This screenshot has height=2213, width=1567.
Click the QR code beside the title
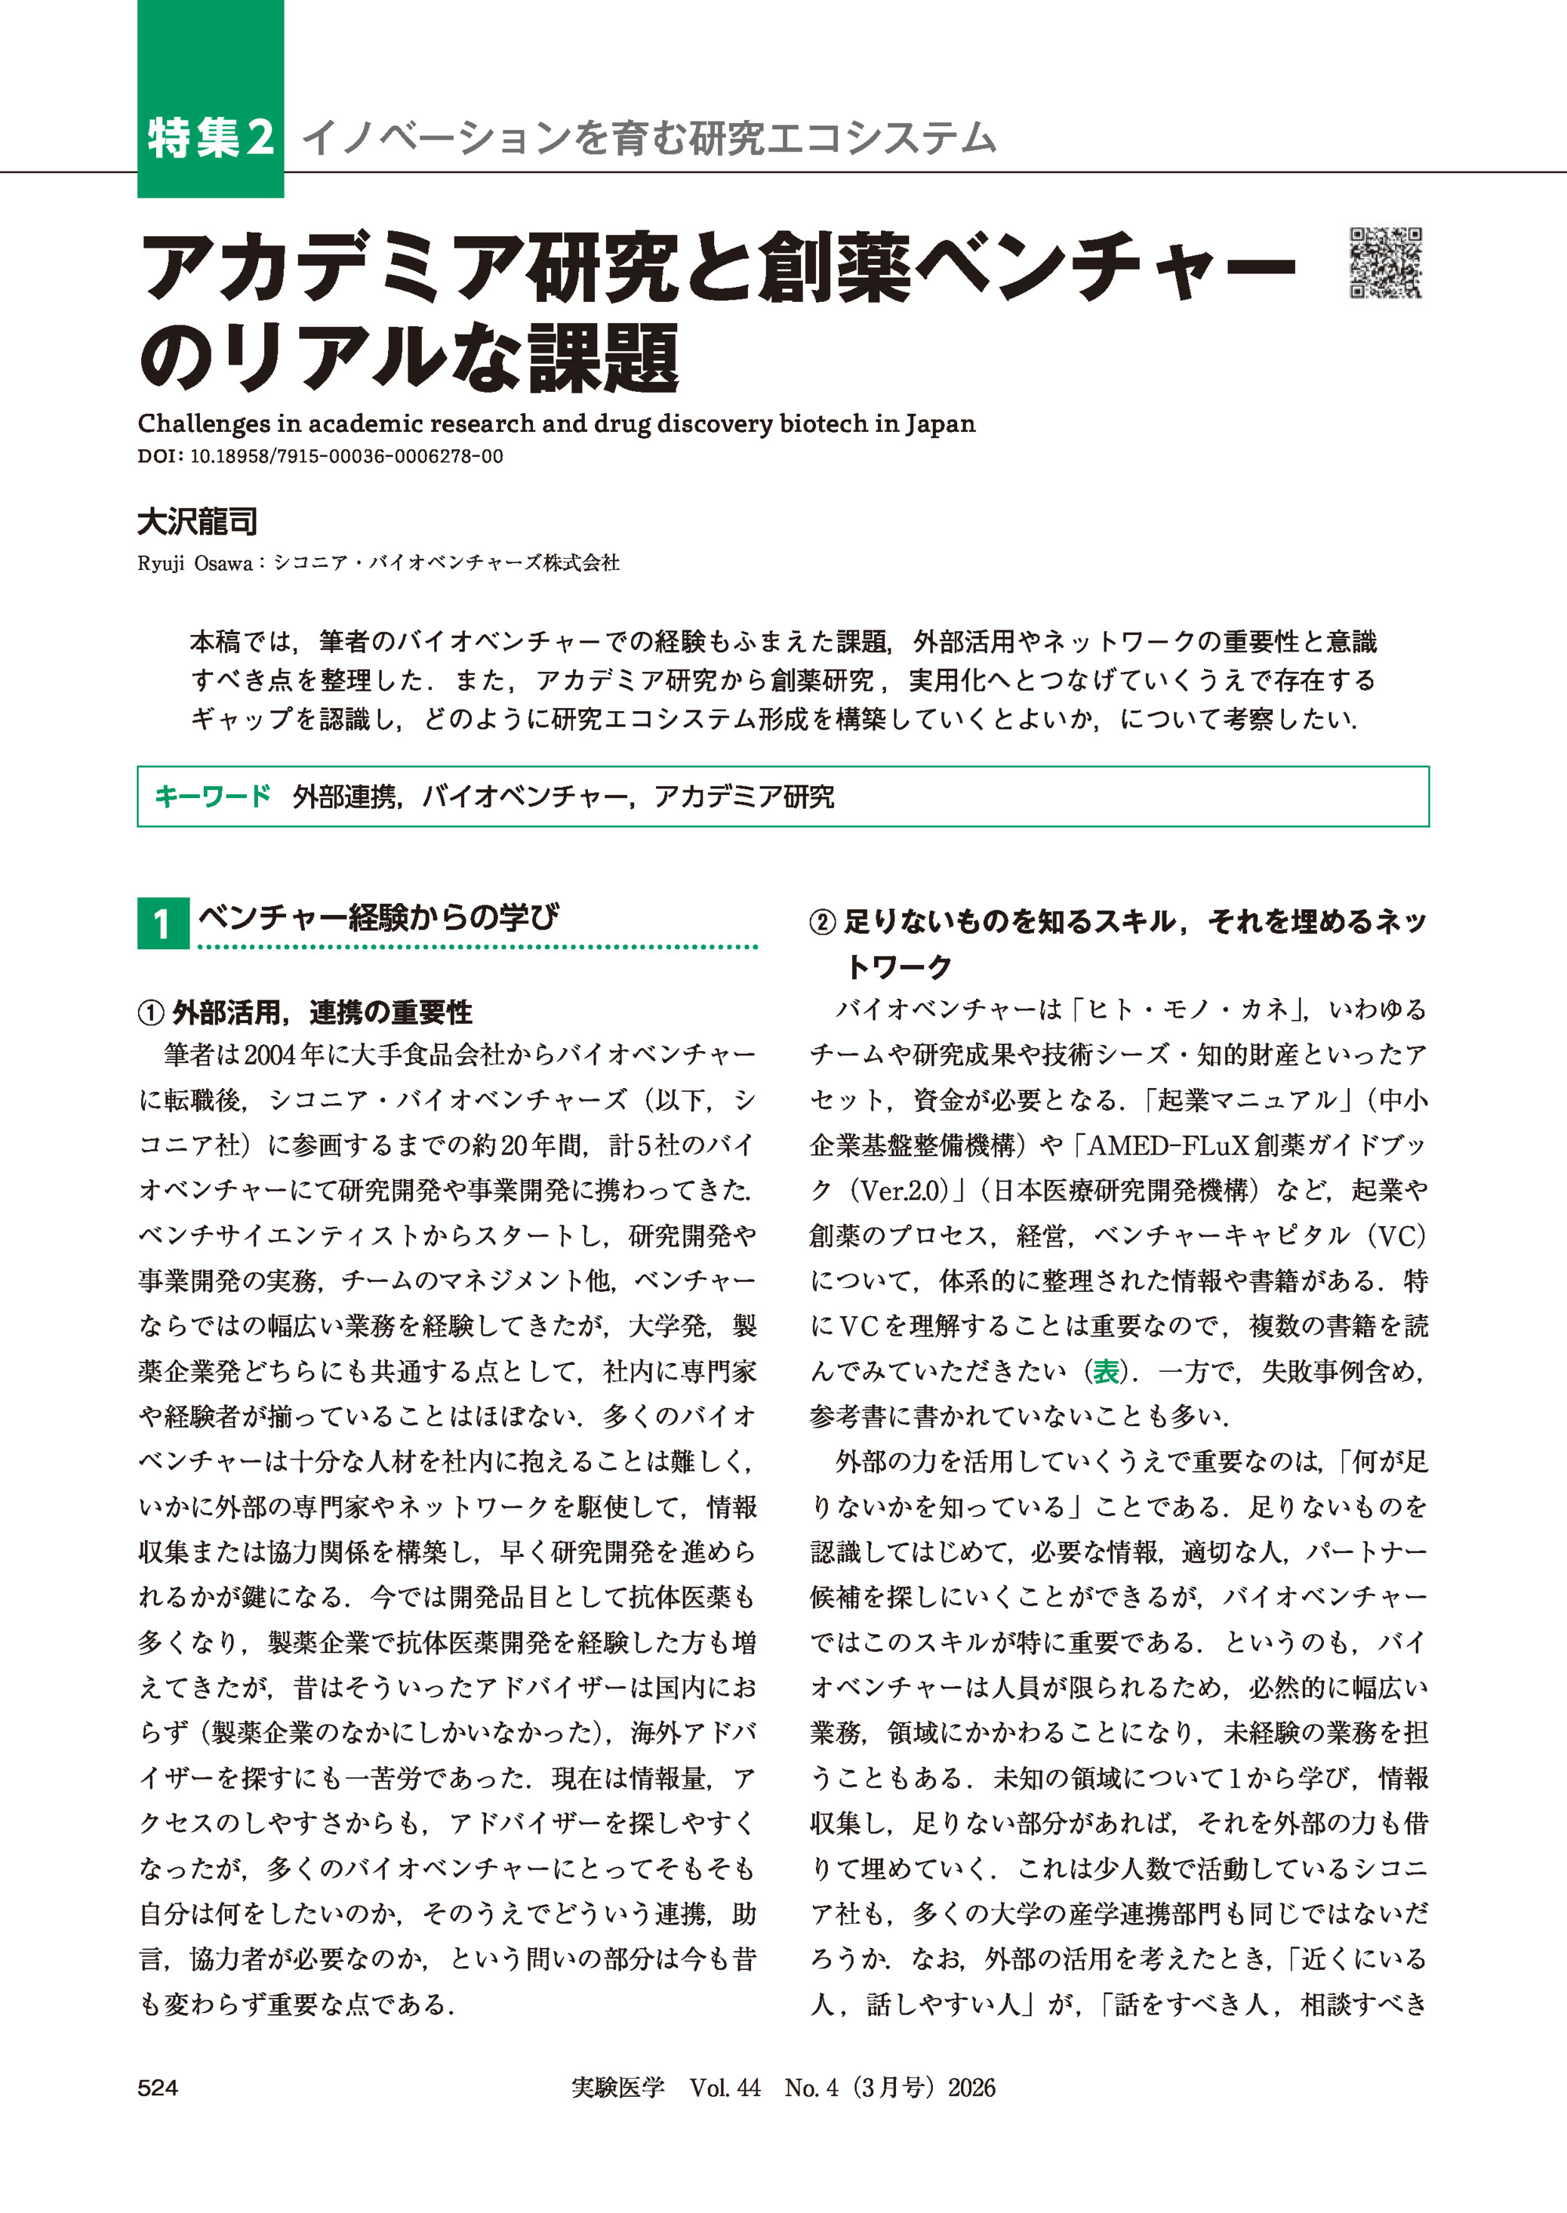(1386, 263)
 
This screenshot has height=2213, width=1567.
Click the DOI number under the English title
(346, 457)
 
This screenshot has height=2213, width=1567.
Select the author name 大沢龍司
(197, 522)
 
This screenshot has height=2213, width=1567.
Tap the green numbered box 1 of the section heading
(162, 923)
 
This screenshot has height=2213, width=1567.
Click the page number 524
(157, 2088)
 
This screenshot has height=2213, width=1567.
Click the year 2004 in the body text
(269, 1056)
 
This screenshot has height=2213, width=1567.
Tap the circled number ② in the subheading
(822, 923)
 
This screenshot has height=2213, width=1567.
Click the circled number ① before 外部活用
(152, 1012)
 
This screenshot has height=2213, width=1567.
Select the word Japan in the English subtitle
(940, 424)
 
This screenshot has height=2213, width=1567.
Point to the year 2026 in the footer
(971, 2088)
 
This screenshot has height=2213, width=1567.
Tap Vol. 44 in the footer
(725, 2088)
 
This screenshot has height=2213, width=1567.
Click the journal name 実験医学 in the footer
(617, 2088)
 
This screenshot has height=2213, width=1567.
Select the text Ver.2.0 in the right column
(902, 1191)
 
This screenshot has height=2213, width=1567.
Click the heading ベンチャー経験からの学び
(377, 917)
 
